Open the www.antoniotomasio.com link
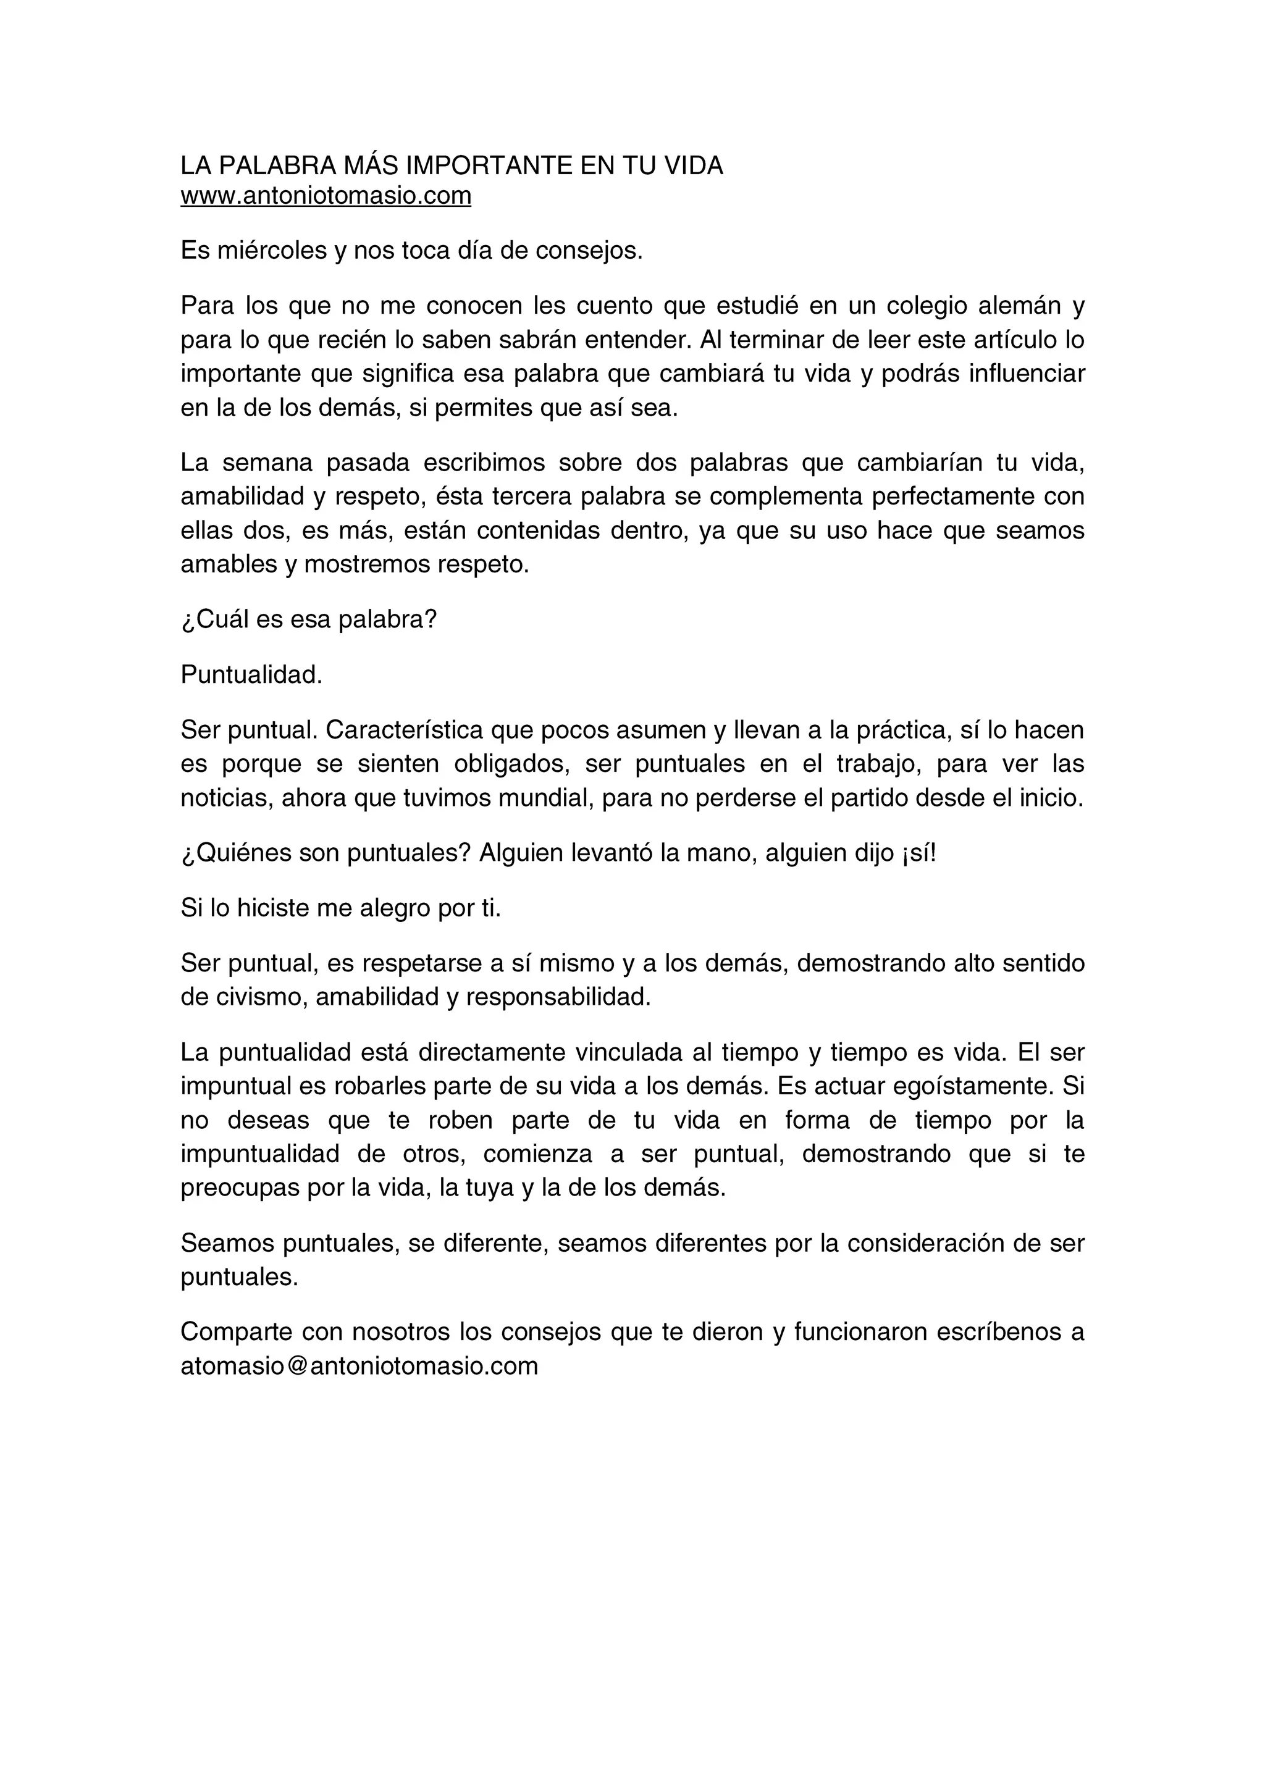pos(326,196)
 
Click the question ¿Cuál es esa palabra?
pos(309,619)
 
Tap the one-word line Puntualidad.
pos(251,675)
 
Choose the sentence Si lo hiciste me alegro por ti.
pos(340,908)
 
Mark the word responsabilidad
pos(557,997)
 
